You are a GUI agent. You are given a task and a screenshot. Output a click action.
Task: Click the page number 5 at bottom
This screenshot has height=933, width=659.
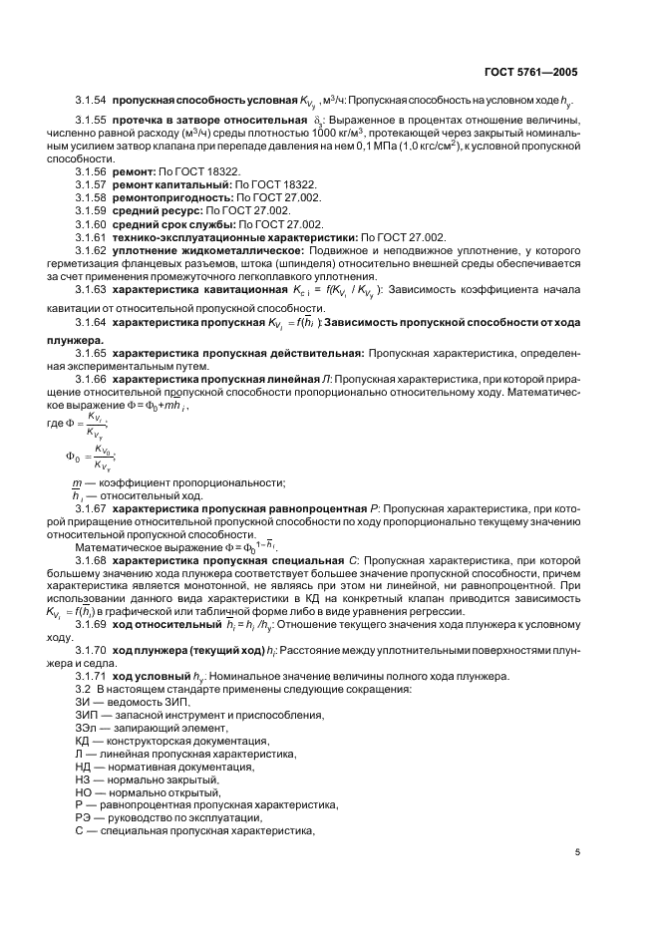pos(577,852)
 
